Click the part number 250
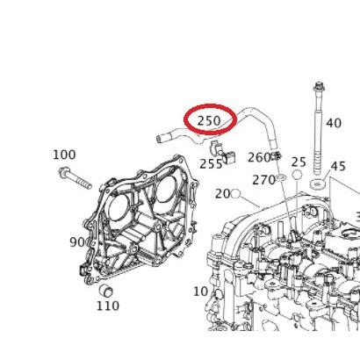click(209, 120)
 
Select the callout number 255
click(211, 162)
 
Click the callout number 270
click(263, 180)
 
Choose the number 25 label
click(299, 162)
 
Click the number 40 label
click(334, 124)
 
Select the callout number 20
click(222, 193)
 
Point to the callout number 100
click(64, 155)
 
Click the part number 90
click(77, 242)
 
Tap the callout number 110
click(107, 306)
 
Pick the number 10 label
click(200, 292)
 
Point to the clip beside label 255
click(229, 155)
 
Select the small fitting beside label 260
click(276, 157)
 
